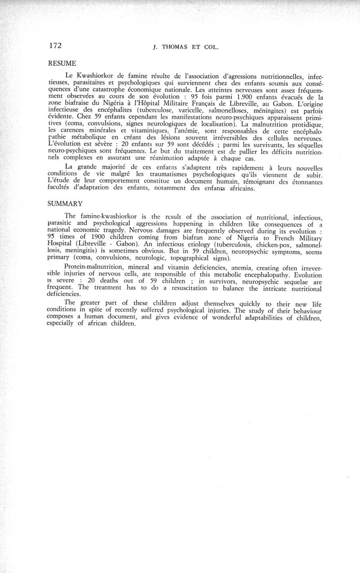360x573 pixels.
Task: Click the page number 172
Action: point(54,45)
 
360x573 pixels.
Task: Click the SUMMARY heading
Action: point(65,204)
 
